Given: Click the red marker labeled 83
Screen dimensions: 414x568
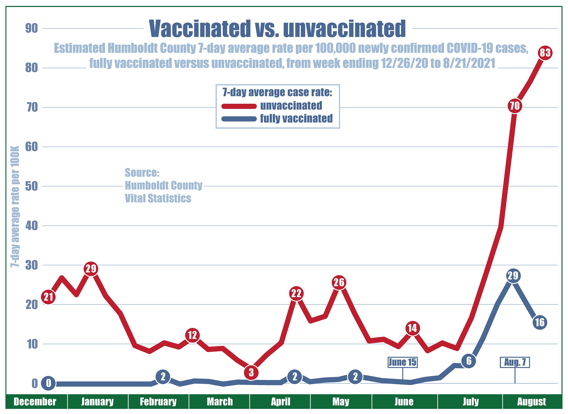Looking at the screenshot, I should coord(545,53).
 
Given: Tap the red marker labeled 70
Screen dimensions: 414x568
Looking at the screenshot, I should coord(515,106).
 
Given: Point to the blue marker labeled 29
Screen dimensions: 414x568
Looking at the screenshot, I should coord(513,276).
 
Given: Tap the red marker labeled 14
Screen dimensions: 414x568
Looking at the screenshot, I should coord(412,328).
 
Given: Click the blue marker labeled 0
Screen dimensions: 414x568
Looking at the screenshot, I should coord(49,383).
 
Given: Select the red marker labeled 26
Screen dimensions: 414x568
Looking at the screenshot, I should coord(339,283).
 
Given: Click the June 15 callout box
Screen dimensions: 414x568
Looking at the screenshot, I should coord(402,362).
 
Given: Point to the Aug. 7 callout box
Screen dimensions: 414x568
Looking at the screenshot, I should coord(515,362).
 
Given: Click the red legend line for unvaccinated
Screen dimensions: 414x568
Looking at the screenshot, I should coord(239,106).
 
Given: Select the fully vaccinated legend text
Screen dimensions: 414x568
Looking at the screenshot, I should coord(296,118).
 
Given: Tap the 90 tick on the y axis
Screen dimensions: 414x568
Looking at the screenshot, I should coord(31,29).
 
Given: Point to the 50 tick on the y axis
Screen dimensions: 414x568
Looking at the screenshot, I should coord(31,186).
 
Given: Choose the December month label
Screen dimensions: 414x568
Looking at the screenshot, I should coord(35,402).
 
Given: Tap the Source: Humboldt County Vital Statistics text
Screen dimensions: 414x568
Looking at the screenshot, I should coord(163,186).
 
